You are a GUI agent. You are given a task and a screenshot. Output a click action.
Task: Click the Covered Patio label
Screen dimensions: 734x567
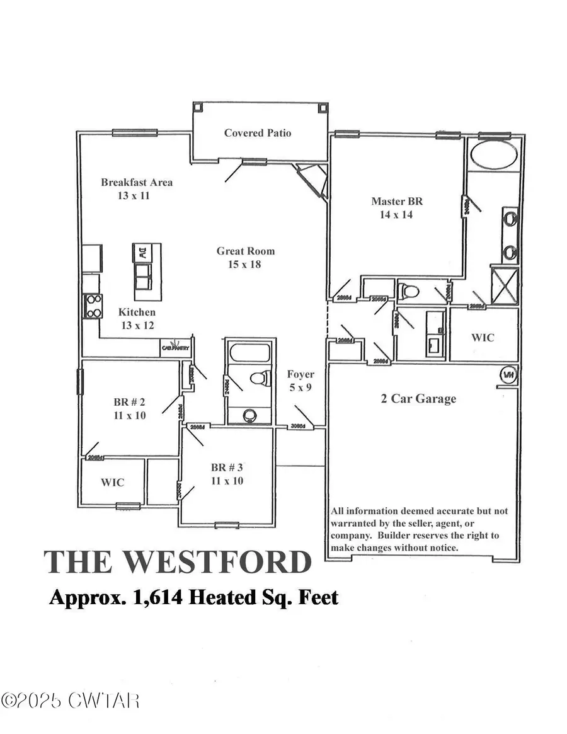258,133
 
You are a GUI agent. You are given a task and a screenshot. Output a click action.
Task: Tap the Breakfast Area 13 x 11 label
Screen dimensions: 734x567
137,189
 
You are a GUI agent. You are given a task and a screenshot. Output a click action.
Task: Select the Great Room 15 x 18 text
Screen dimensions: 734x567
246,257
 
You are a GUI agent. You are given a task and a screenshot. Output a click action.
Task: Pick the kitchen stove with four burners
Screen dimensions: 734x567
93,306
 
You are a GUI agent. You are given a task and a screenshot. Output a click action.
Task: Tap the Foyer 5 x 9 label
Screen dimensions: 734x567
300,381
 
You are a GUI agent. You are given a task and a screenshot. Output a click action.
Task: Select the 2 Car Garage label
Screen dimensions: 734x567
418,398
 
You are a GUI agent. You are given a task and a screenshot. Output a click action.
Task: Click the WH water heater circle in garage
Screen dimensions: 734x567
508,376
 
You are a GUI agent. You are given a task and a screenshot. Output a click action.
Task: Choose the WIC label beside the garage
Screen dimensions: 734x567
483,337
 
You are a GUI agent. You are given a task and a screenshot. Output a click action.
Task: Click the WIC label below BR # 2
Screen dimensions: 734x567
113,483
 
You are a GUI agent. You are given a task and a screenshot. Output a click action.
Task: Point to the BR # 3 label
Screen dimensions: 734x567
227,474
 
